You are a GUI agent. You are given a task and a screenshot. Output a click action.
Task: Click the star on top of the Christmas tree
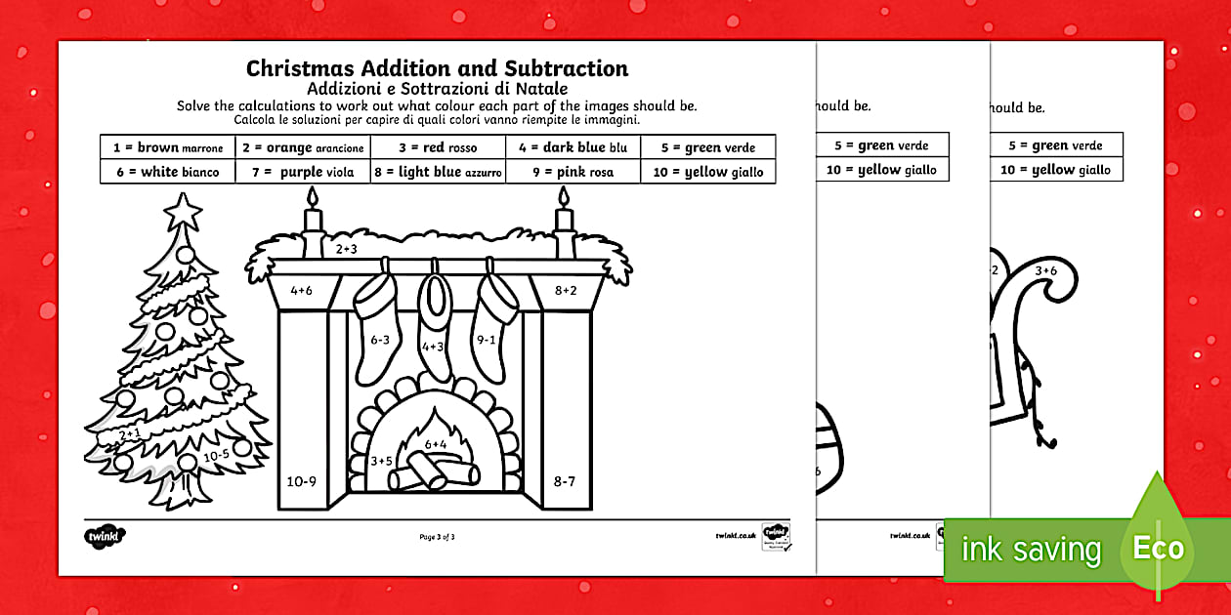tap(182, 210)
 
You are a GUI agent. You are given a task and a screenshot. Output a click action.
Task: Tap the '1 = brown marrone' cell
tap(168, 148)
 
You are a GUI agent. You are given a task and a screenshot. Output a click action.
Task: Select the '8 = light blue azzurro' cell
tap(438, 172)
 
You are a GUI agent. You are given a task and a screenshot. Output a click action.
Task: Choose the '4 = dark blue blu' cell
tap(573, 148)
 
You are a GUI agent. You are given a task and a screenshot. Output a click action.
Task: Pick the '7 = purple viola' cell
tap(303, 172)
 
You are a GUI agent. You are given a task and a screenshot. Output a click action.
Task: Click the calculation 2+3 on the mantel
tap(347, 249)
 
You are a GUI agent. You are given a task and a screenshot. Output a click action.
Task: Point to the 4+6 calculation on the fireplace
tap(301, 290)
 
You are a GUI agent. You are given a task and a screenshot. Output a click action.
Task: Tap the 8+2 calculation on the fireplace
tap(567, 290)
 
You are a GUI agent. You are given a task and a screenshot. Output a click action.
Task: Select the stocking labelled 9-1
tap(487, 340)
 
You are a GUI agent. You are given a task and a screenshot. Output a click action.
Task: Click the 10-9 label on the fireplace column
tap(302, 480)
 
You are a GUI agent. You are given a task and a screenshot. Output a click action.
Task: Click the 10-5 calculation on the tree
tap(216, 455)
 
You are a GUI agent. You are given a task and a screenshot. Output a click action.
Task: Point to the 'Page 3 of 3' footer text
tap(437, 536)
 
